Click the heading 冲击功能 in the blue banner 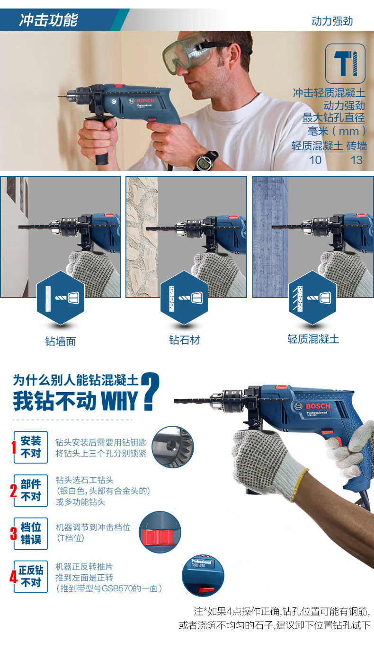48,20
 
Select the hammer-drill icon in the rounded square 345,63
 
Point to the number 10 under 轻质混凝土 315,160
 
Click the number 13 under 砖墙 356,160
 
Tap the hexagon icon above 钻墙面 61,298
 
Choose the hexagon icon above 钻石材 184,298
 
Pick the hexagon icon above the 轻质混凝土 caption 312,298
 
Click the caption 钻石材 184,340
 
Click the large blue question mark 151,391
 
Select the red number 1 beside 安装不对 13,447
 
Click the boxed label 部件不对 31,491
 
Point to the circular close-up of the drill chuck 173,447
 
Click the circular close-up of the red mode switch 160,532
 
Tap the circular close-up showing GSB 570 203,576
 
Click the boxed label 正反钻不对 31,577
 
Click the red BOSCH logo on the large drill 318,406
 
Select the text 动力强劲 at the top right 332,21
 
